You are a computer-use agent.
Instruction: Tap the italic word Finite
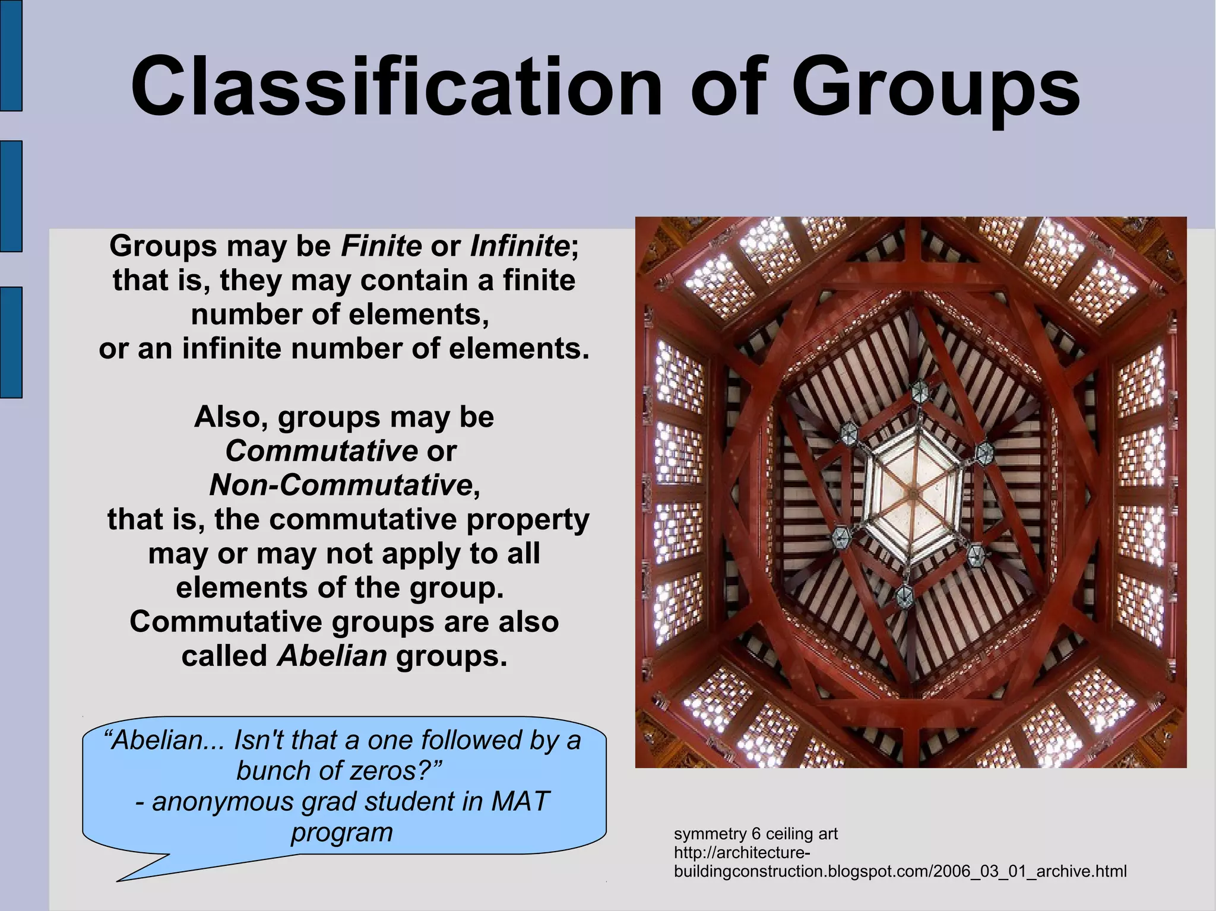381,246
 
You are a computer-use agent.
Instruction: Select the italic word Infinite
520,246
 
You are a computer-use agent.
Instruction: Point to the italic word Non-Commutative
341,485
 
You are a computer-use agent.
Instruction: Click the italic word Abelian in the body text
332,656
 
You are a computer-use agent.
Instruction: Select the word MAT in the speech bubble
521,801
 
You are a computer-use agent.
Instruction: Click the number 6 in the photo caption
756,834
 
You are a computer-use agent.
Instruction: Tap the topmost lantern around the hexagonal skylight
919,390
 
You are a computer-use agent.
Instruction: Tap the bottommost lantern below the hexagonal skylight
904,595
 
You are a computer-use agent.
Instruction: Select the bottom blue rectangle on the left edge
11,342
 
